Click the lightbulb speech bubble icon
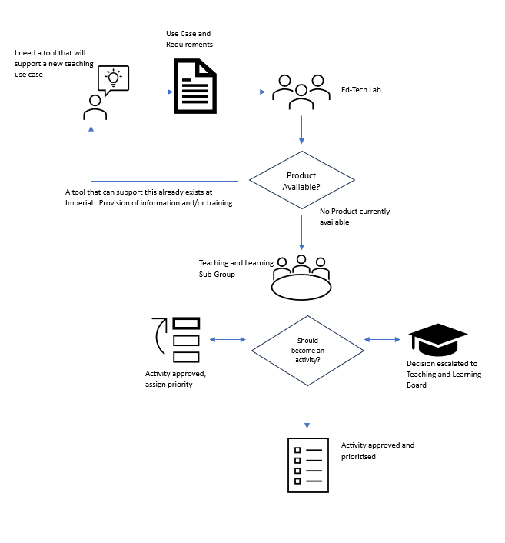pos(113,79)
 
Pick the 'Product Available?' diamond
pos(301,181)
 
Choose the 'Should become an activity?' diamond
pos(307,351)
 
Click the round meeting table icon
pos(301,278)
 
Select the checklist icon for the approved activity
pos(307,464)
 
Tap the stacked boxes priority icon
pos(178,339)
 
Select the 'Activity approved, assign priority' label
pos(175,378)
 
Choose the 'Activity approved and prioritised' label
pos(377,450)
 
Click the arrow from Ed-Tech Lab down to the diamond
pos(301,129)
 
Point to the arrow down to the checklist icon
pos(307,410)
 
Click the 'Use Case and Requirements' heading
pos(189,39)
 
